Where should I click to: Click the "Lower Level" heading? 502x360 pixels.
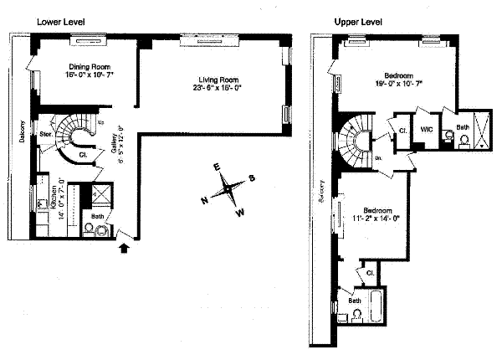(61, 19)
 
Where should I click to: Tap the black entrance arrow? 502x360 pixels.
(125, 246)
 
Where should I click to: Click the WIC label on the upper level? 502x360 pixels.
(425, 130)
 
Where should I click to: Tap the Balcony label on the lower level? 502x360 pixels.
(18, 134)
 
